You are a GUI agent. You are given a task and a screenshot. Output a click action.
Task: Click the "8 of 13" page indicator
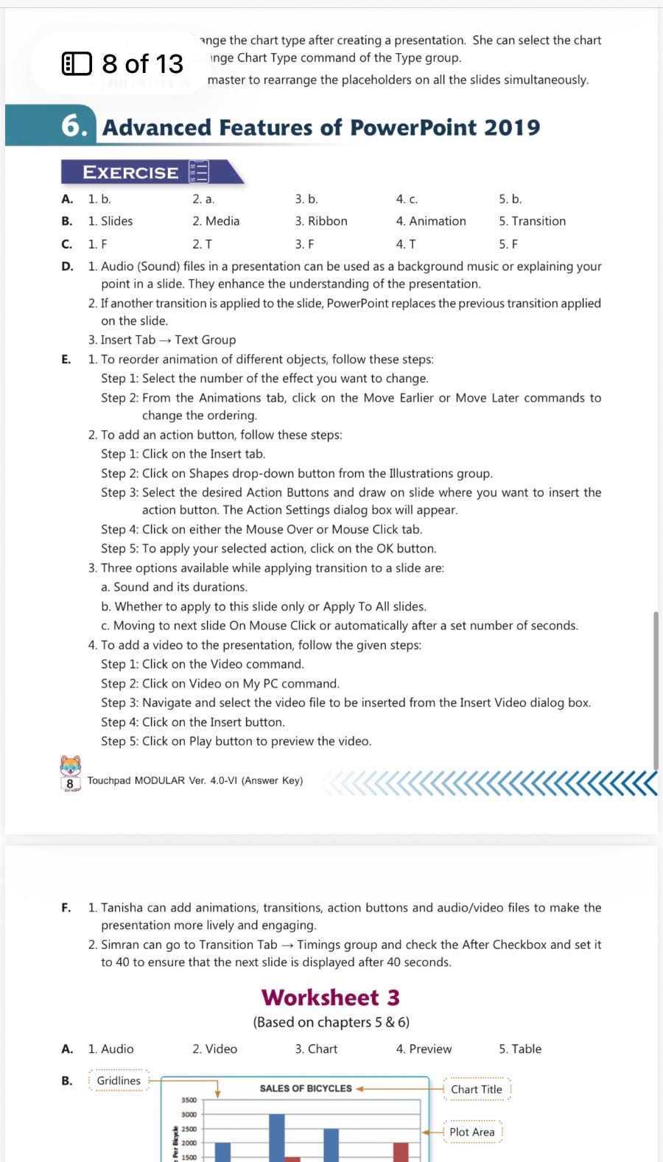123,64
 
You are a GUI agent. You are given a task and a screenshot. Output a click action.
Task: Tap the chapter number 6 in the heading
74,126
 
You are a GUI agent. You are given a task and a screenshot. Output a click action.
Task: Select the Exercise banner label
131,172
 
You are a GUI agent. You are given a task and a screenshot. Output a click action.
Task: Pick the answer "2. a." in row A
203,199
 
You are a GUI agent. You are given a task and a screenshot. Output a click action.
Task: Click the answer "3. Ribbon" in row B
321,221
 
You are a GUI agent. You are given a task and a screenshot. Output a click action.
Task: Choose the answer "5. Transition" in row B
532,221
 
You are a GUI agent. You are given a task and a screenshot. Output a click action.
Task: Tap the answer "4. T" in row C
405,244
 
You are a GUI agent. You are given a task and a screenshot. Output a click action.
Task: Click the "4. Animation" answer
430,221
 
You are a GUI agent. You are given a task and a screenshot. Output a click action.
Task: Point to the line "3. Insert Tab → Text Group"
162,340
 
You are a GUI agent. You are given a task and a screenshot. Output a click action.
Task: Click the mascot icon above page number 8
71,766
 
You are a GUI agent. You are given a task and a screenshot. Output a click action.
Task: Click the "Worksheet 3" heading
331,997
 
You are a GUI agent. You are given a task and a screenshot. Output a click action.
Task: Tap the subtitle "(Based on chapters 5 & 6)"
331,1022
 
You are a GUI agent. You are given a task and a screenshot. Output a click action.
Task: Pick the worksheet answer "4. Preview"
424,1049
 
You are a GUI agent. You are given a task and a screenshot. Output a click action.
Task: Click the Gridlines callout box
119,1080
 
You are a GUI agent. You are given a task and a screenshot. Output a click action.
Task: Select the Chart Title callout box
476,1089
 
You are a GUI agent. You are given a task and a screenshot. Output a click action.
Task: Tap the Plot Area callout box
471,1132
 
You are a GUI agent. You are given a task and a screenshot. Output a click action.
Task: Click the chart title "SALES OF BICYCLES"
306,1088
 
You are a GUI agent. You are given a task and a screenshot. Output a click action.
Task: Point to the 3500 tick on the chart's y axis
189,1100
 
